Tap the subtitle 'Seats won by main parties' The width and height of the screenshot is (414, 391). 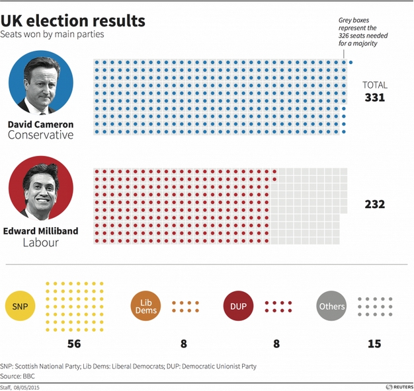point(52,34)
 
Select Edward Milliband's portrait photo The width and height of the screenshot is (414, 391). point(41,188)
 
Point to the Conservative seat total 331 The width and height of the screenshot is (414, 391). point(374,98)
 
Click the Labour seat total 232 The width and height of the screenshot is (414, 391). point(374,204)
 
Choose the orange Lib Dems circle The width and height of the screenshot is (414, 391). point(147,306)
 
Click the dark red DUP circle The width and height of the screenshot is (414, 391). point(239,306)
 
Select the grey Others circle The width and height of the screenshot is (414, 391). point(332,306)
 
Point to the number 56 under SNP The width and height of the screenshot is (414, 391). point(74,343)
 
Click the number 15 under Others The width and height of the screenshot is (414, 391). point(374,343)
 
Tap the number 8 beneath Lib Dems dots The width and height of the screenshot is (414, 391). point(184,343)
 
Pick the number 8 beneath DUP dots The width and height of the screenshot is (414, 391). point(276,343)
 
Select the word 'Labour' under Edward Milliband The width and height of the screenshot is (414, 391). point(40,242)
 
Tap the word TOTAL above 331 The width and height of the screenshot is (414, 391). point(374,85)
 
